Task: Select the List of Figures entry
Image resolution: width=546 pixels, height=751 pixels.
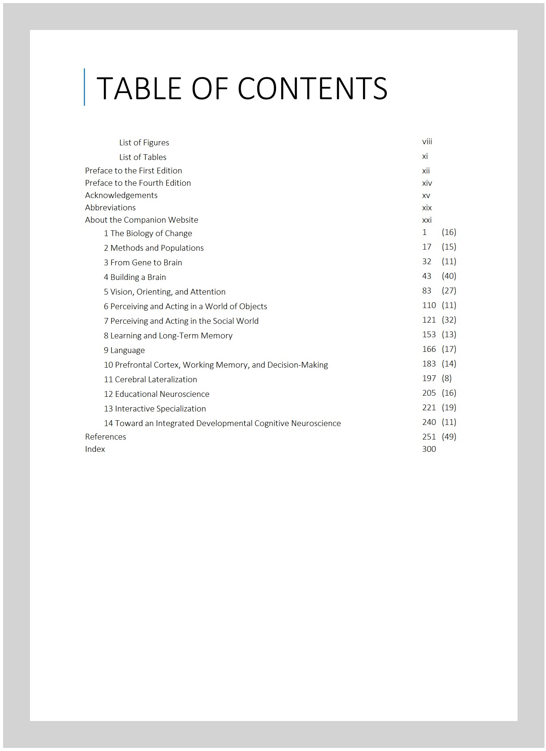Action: pyautogui.click(x=144, y=143)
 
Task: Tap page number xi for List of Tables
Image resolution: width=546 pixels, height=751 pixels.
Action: pyautogui.click(x=425, y=156)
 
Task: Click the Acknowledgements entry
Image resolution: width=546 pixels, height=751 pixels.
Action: pyautogui.click(x=121, y=195)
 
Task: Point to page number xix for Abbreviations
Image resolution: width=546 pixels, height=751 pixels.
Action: pyautogui.click(x=427, y=208)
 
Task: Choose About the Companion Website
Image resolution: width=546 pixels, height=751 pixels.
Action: pyautogui.click(x=141, y=220)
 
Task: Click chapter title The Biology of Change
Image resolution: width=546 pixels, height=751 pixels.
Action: pyautogui.click(x=151, y=233)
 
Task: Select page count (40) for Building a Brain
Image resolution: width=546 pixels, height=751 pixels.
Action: pyautogui.click(x=449, y=276)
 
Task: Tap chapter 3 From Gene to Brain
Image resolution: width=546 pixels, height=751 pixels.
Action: pyautogui.click(x=143, y=263)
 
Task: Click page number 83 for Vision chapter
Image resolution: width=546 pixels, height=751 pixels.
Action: pyautogui.click(x=426, y=291)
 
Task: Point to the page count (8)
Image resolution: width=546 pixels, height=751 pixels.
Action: pyautogui.click(x=446, y=378)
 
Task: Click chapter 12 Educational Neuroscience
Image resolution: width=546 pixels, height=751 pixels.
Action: pyautogui.click(x=156, y=394)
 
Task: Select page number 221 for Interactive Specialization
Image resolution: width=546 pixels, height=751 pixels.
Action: pyautogui.click(x=429, y=408)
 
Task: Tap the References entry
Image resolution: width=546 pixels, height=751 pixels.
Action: pyautogui.click(x=105, y=437)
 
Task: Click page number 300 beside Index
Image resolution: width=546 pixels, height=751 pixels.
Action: pyautogui.click(x=429, y=449)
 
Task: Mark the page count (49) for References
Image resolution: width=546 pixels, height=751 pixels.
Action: pyautogui.click(x=449, y=437)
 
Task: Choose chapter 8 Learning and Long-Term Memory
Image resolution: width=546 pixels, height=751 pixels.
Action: pyautogui.click(x=168, y=336)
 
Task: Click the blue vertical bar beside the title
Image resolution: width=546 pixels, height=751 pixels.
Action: pyautogui.click(x=84, y=87)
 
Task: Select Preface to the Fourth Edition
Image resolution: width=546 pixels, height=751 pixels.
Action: pyautogui.click(x=138, y=183)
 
